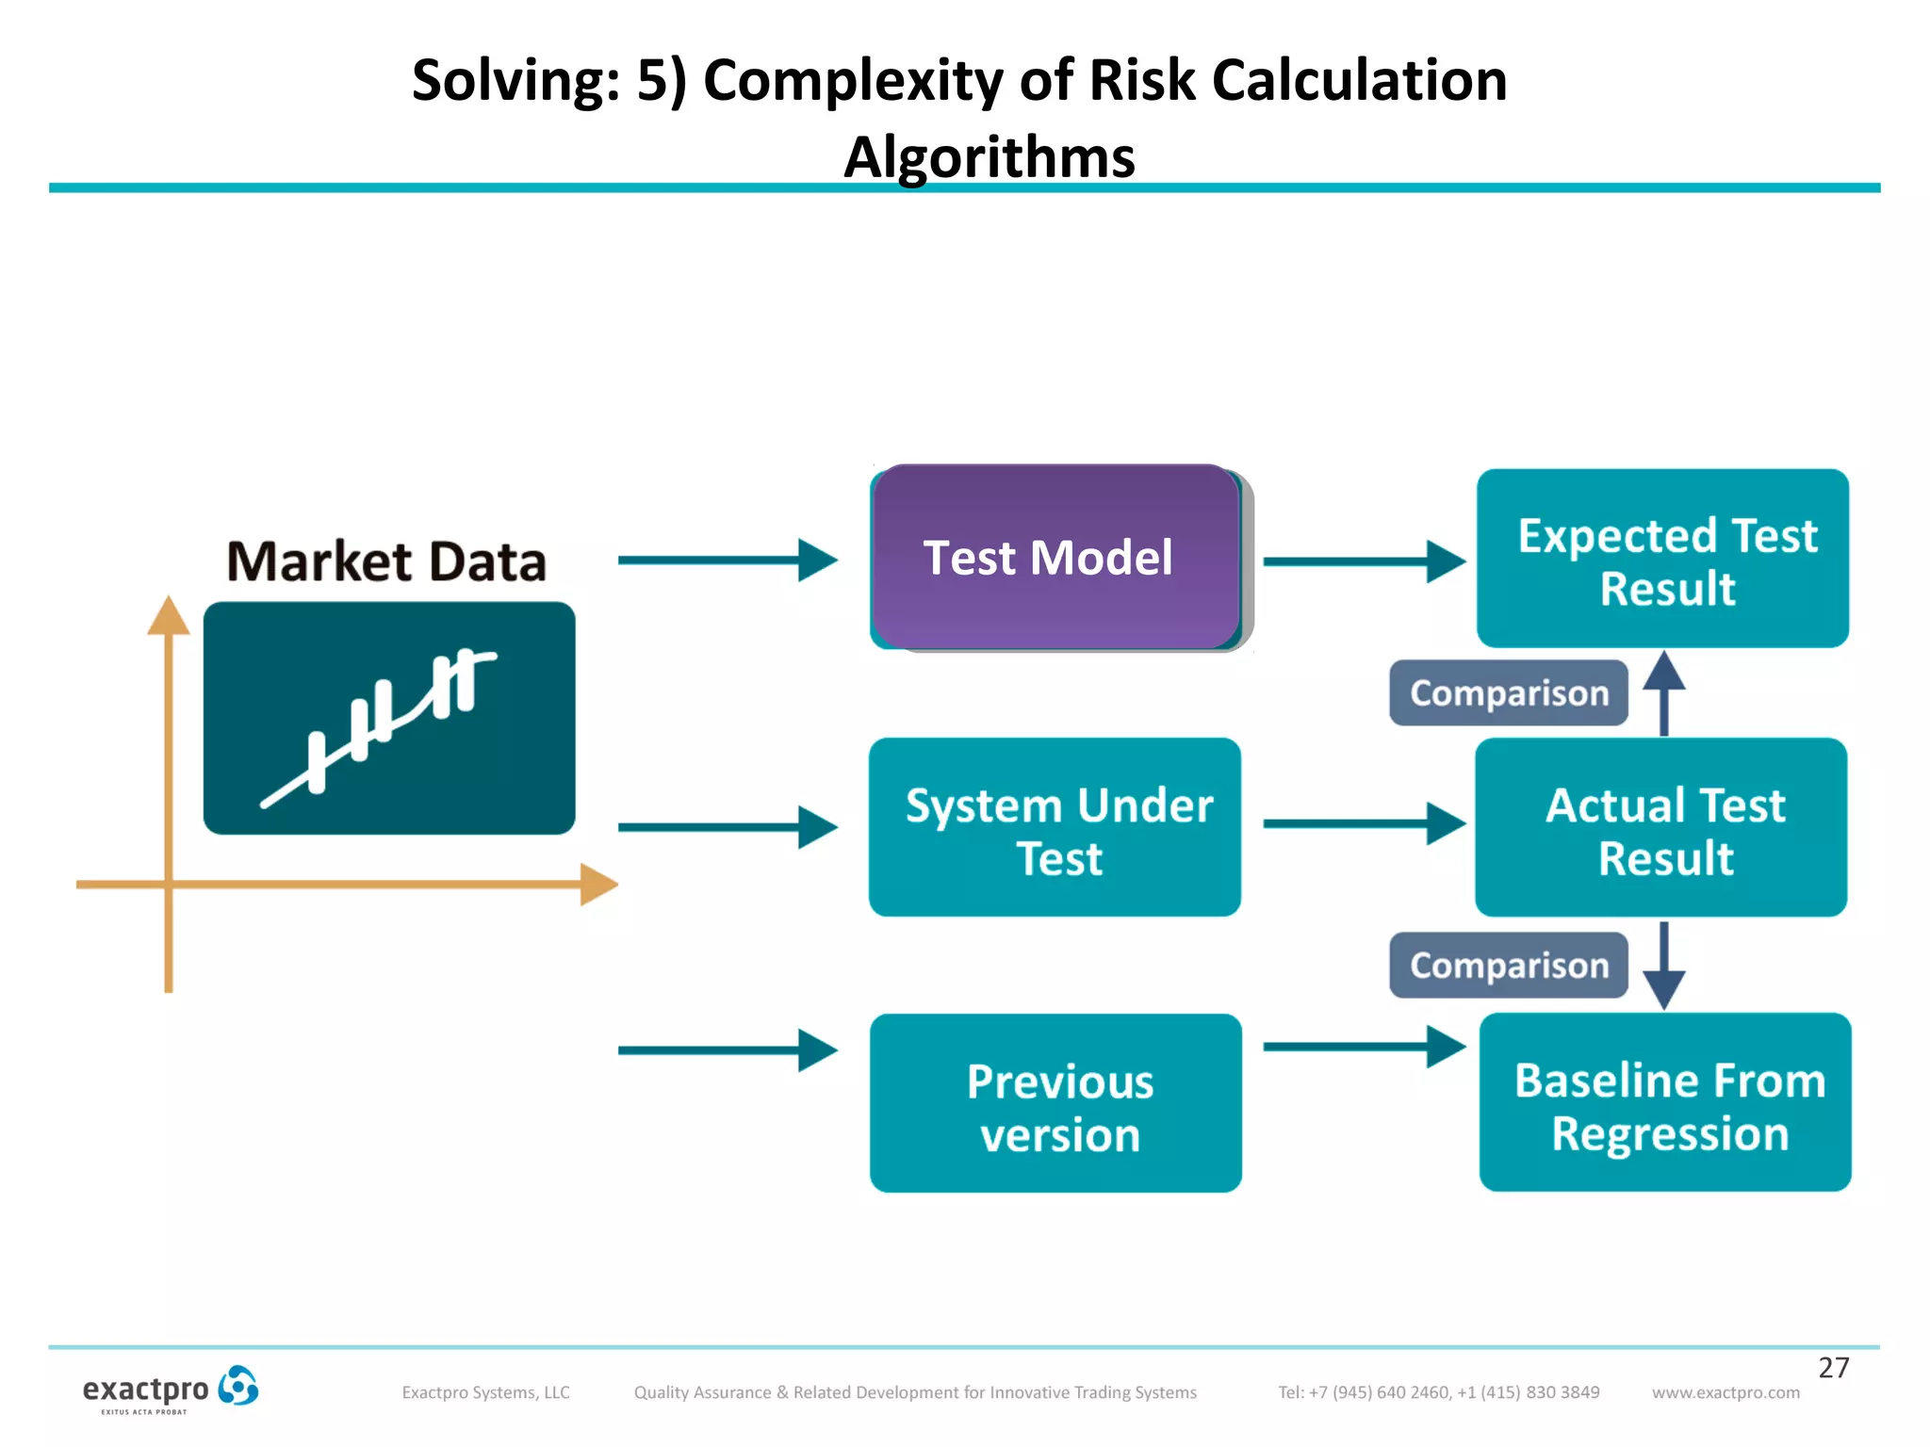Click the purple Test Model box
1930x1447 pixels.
point(1055,557)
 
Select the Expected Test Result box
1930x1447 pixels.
point(1662,559)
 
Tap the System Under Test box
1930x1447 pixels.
point(1055,827)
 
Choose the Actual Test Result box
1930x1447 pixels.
point(1660,827)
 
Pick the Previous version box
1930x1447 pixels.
point(1055,1103)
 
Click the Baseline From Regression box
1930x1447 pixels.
point(1665,1102)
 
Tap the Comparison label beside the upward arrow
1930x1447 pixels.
point(1508,693)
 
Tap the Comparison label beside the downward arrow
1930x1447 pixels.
point(1508,966)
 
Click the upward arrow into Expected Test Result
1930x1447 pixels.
point(1664,692)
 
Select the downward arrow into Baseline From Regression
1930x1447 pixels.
point(1664,967)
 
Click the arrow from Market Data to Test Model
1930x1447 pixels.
point(726,560)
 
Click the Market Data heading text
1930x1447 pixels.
point(386,561)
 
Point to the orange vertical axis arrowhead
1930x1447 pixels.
point(169,616)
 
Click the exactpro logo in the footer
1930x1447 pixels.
point(170,1390)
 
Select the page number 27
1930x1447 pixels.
point(1833,1368)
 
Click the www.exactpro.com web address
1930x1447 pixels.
point(1725,1392)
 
